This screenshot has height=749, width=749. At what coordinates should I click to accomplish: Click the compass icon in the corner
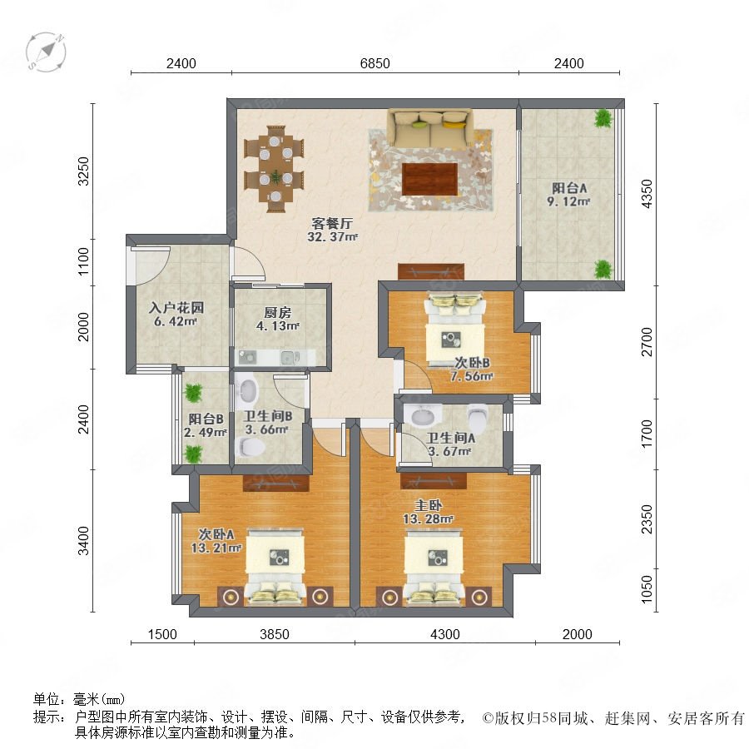tap(46, 52)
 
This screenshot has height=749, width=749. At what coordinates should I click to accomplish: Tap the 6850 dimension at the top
tap(375, 63)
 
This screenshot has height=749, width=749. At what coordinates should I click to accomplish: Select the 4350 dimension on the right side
tap(647, 194)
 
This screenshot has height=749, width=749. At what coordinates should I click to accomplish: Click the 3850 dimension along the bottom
tap(274, 634)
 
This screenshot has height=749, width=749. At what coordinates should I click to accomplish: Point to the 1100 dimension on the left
tap(83, 261)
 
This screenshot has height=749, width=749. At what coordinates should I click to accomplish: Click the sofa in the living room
tap(430, 127)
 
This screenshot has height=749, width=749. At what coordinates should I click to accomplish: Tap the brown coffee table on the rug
tap(430, 179)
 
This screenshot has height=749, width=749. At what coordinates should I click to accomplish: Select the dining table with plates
tap(274, 168)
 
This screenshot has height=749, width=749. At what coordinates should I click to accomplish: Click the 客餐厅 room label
tap(332, 223)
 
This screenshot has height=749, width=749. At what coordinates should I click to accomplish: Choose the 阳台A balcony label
tap(569, 188)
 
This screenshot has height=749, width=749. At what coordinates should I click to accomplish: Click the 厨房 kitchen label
tap(277, 313)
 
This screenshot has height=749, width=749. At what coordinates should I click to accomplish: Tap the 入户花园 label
tap(176, 308)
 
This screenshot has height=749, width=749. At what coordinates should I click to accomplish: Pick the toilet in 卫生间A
tap(478, 418)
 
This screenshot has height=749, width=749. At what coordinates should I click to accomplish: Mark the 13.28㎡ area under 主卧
tap(428, 518)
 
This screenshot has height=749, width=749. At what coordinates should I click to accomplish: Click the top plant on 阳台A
tap(603, 118)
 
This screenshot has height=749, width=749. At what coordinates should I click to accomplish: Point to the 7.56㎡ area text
tap(472, 376)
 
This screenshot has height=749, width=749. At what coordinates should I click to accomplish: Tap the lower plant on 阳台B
tap(193, 454)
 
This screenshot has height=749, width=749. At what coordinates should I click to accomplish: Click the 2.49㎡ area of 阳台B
tap(206, 433)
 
